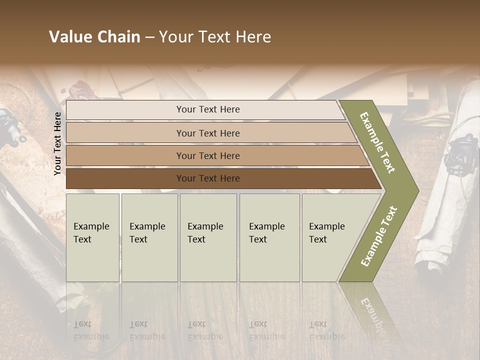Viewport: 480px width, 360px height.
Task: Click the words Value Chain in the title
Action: point(94,37)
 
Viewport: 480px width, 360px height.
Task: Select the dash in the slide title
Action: point(149,37)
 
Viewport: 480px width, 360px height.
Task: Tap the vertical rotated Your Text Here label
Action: point(57,143)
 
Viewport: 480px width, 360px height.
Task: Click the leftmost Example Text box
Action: point(92,237)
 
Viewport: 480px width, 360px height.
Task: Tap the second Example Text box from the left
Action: point(149,237)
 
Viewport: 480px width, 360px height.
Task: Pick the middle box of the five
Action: point(208,237)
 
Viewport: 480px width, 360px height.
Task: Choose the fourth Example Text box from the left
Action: point(269,237)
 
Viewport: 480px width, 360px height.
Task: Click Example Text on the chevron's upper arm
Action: point(378,142)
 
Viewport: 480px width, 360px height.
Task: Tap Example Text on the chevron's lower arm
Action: point(379,236)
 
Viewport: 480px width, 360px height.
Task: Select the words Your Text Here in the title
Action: point(215,37)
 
